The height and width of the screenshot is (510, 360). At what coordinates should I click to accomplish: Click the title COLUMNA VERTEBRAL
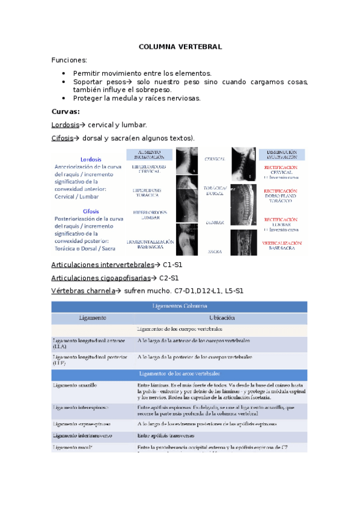click(x=180, y=46)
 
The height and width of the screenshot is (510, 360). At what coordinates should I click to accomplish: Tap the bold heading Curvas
click(x=66, y=111)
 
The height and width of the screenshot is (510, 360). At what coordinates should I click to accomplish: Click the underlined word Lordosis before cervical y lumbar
click(x=66, y=125)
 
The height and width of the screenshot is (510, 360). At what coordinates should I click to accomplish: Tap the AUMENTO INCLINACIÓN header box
click(x=148, y=155)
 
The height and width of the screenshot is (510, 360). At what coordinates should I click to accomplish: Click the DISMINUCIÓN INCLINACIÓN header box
click(x=281, y=155)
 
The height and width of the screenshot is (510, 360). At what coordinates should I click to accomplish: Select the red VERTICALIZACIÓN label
click(x=281, y=243)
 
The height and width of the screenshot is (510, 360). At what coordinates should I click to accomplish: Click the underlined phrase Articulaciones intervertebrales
click(x=103, y=265)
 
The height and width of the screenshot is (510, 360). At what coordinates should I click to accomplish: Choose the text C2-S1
click(x=166, y=278)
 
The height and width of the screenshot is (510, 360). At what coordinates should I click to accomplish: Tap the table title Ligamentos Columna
click(x=180, y=306)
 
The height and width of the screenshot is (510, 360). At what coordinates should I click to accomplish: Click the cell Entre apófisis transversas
click(x=167, y=435)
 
